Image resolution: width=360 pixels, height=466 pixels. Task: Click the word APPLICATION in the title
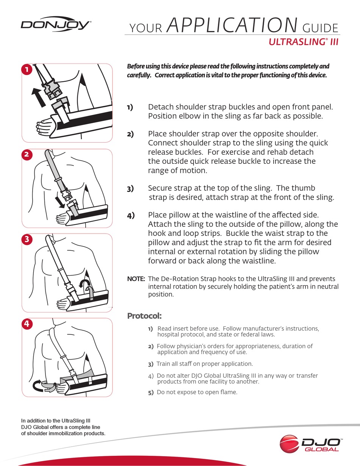click(232, 25)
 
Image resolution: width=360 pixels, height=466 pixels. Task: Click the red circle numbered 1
click(27, 69)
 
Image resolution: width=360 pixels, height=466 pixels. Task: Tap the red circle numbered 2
click(27, 155)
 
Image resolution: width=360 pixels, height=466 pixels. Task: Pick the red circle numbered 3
click(27, 239)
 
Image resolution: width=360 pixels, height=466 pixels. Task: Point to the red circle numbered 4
click(27, 324)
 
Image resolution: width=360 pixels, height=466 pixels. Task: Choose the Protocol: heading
click(144, 315)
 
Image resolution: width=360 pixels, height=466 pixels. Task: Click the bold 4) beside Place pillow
click(131, 216)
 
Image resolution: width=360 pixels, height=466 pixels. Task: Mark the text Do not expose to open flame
click(197, 392)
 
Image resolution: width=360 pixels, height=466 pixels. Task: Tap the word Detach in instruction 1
click(159, 107)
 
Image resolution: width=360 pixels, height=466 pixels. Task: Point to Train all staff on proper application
click(204, 364)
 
